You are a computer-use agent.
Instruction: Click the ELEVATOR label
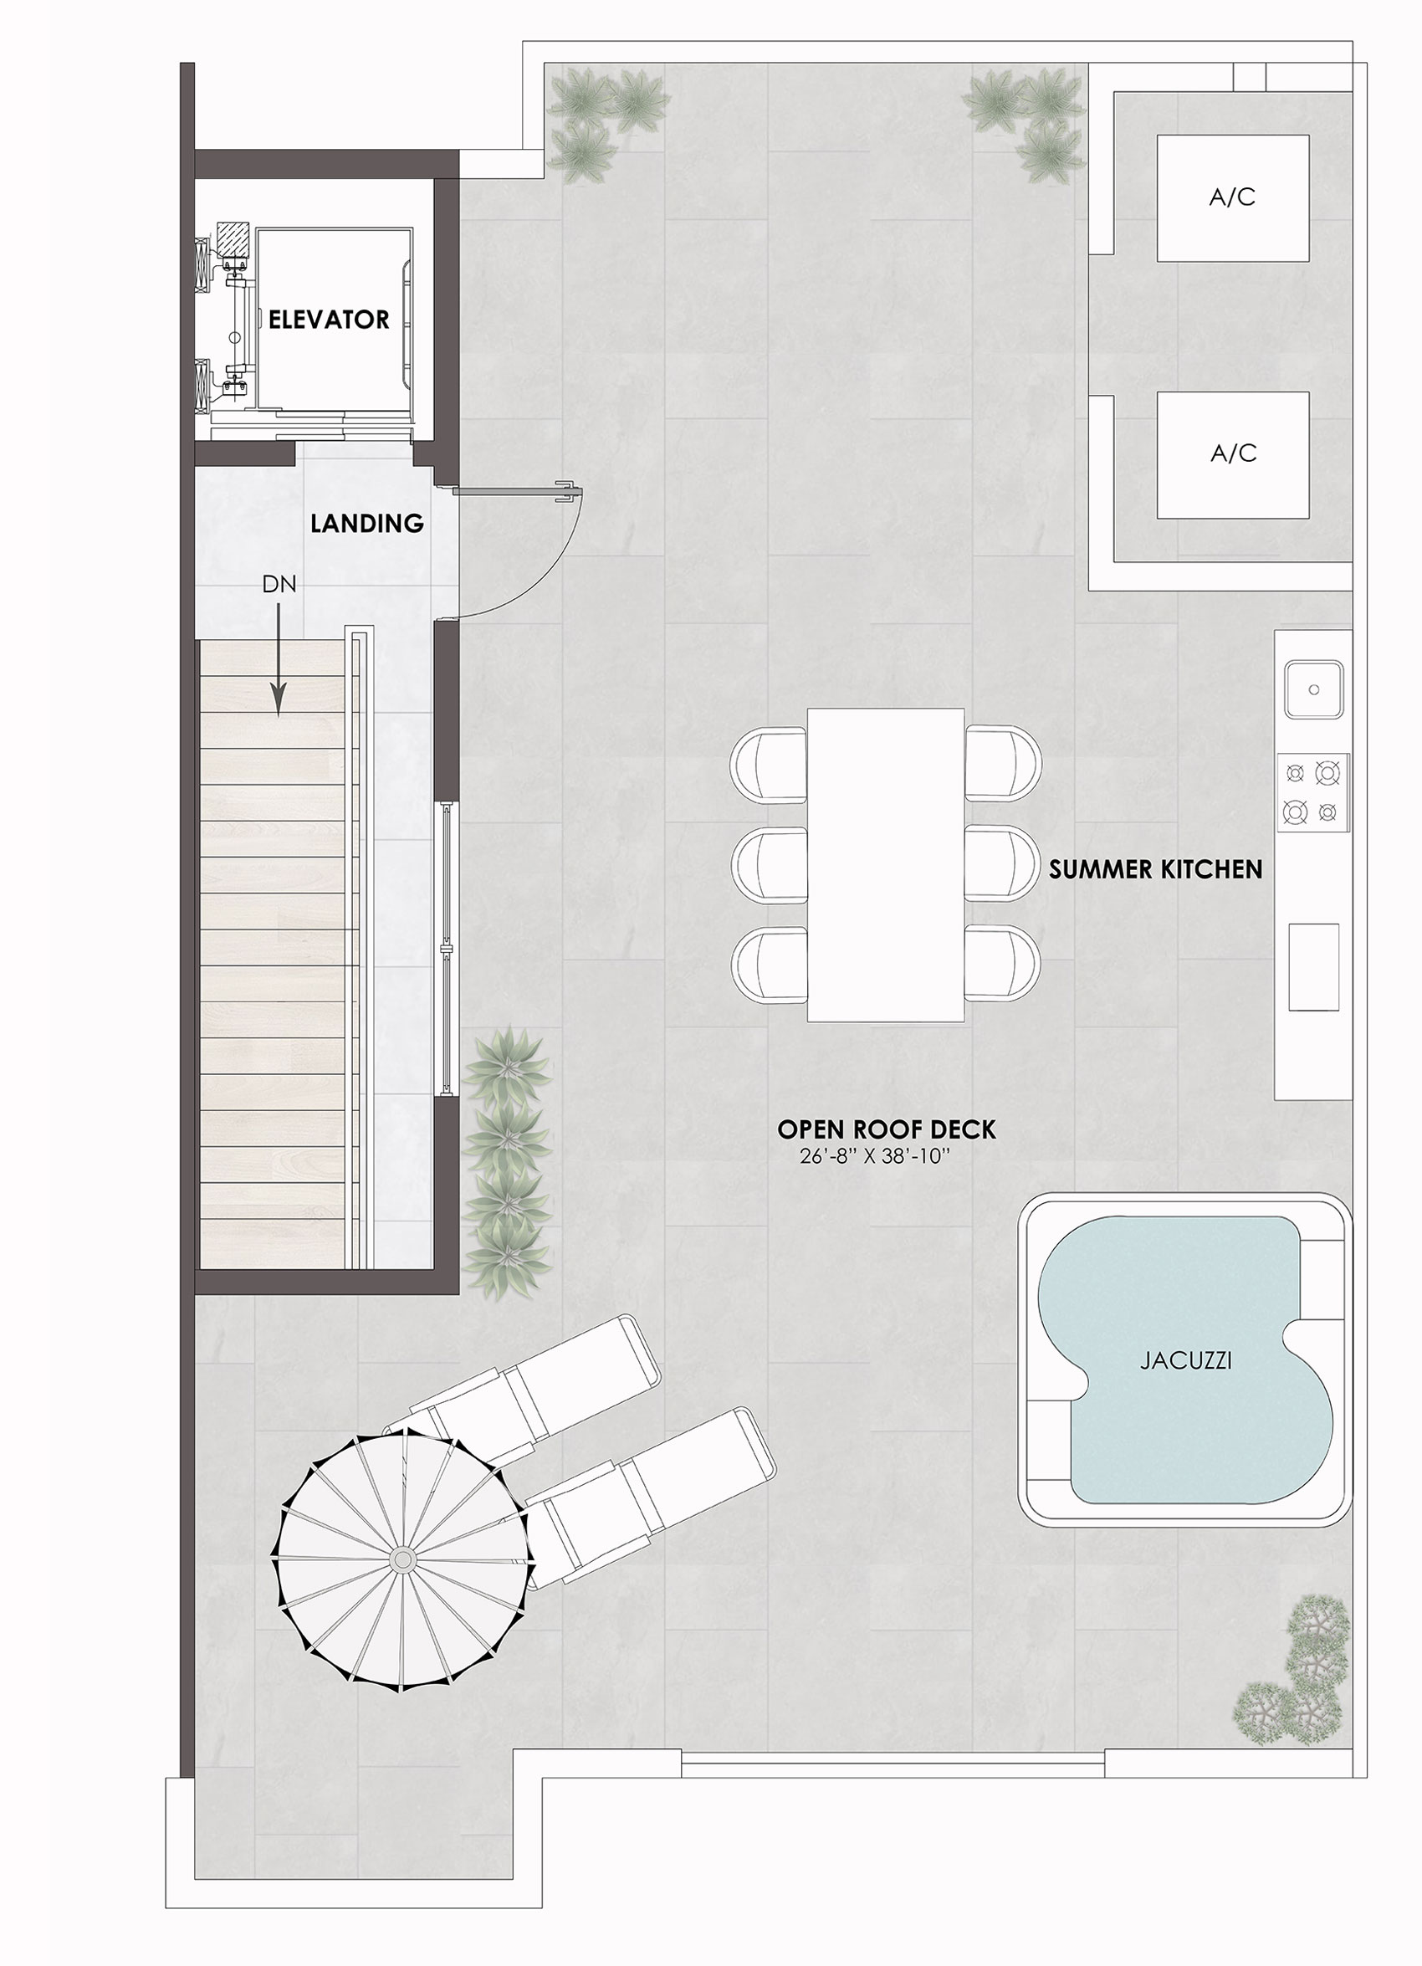click(x=329, y=320)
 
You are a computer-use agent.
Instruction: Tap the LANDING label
click(x=367, y=524)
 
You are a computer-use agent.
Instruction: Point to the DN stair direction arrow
click(x=279, y=660)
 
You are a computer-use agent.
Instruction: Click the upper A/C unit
click(x=1232, y=197)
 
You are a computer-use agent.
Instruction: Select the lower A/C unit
click(x=1232, y=454)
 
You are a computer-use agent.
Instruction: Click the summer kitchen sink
click(x=1314, y=689)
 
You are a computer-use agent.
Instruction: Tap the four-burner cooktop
click(x=1312, y=792)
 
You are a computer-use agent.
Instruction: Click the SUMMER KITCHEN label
click(x=1156, y=869)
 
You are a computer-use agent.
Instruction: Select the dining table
click(x=886, y=865)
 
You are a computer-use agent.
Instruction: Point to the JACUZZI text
click(x=1185, y=1361)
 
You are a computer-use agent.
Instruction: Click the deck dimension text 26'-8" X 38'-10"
click(x=871, y=1156)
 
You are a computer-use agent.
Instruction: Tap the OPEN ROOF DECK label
click(x=887, y=1129)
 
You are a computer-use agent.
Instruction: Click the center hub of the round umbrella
click(x=402, y=1559)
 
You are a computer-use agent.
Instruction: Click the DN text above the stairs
click(x=279, y=585)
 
